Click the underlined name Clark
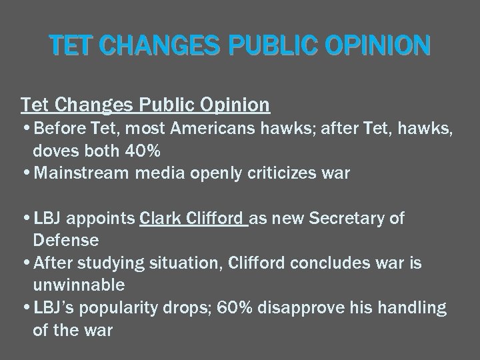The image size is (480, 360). [161, 219]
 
